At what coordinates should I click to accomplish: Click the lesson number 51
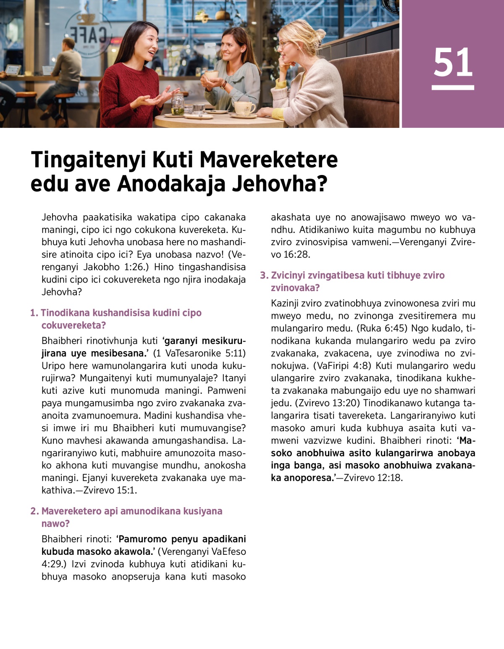[x=453, y=62]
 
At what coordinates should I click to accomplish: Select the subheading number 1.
[x=34, y=313]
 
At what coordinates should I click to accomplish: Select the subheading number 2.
[x=34, y=511]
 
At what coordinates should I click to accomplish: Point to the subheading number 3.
[x=264, y=275]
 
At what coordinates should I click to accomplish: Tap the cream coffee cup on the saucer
[x=244, y=108]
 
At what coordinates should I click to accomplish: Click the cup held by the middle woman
[x=211, y=76]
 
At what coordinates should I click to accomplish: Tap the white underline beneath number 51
[x=453, y=87]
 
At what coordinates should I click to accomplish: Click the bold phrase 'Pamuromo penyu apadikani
[x=181, y=539]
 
